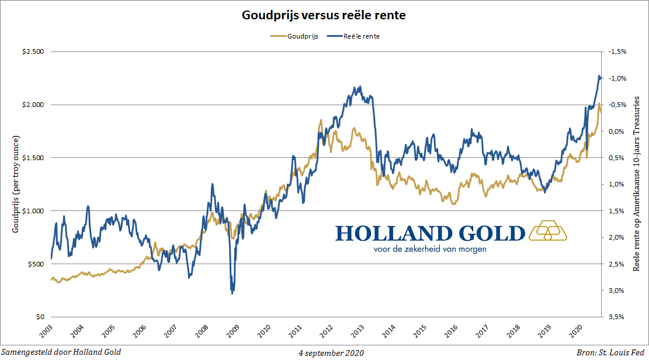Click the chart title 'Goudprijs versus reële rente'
(x=324, y=16)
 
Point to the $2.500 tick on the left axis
(x=33, y=52)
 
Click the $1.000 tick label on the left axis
(x=33, y=211)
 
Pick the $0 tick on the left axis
(x=40, y=317)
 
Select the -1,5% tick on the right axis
(x=617, y=52)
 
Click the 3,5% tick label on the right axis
(x=618, y=317)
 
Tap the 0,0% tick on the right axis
(x=618, y=131)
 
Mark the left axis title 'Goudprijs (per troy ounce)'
(x=16, y=184)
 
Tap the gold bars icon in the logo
(x=547, y=231)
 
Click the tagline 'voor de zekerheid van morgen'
(x=430, y=248)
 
